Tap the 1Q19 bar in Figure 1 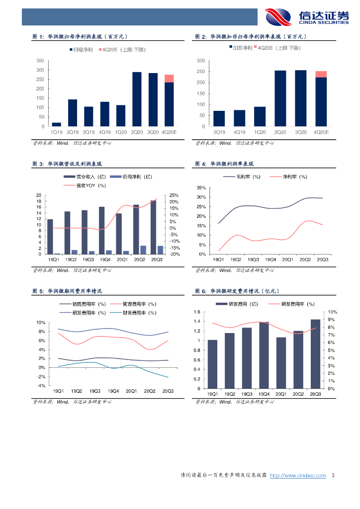pos(56,124)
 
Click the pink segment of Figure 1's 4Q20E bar pos(169,79)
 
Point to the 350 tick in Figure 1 pos(40,60)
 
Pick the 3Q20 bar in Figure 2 pos(301,98)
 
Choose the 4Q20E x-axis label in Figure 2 pos(321,132)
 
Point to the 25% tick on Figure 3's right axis pos(174,195)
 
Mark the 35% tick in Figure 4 pos(201,188)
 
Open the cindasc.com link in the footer pos(298,476)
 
